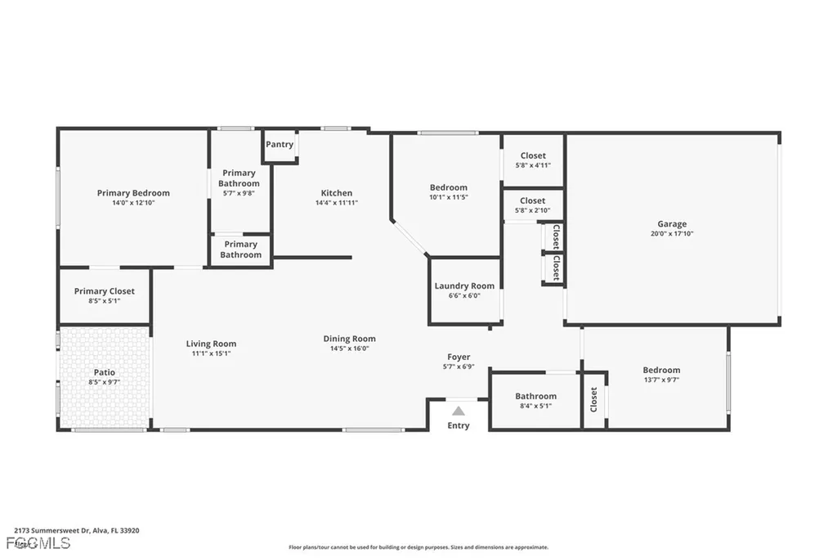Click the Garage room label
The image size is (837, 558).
pyautogui.click(x=672, y=223)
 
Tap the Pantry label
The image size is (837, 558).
pyautogui.click(x=280, y=145)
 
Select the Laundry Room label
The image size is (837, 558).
pyautogui.click(x=464, y=286)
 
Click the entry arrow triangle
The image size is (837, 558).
pyautogui.click(x=459, y=411)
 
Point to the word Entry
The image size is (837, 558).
pyautogui.click(x=459, y=425)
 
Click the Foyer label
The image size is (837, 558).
pyautogui.click(x=459, y=357)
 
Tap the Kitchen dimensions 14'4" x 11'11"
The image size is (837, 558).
pyautogui.click(x=337, y=203)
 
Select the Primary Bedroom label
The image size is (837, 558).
pyautogui.click(x=133, y=193)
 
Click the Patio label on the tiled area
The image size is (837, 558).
pyautogui.click(x=105, y=372)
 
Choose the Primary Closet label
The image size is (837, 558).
pyautogui.click(x=105, y=291)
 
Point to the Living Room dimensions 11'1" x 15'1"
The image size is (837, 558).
pyautogui.click(x=211, y=353)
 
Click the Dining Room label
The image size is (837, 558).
pyautogui.click(x=349, y=339)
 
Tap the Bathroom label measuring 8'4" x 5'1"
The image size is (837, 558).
pyautogui.click(x=535, y=396)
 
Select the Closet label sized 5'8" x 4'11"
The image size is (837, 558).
pyautogui.click(x=532, y=155)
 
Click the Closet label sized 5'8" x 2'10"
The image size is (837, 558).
pyautogui.click(x=532, y=200)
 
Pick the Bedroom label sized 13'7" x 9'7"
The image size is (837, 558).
pyautogui.click(x=661, y=370)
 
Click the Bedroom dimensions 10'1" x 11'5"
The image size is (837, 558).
pyautogui.click(x=449, y=197)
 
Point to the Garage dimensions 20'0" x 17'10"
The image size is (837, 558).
pyautogui.click(x=672, y=233)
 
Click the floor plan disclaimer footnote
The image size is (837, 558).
pyautogui.click(x=418, y=547)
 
